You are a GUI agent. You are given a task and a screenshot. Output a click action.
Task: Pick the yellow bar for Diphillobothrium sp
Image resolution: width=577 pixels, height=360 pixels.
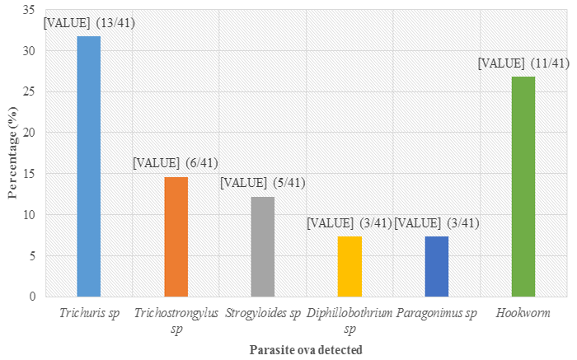tap(350, 266)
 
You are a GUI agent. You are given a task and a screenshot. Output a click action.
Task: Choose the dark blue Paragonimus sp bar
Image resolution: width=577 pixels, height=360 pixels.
tap(437, 266)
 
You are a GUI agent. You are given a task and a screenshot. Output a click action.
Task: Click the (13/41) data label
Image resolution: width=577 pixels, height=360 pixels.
tap(115, 23)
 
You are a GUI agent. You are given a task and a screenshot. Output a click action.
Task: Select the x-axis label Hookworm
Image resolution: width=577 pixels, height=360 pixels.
tap(523, 314)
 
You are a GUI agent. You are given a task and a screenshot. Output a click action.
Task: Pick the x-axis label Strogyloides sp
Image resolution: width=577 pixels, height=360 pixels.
tap(263, 314)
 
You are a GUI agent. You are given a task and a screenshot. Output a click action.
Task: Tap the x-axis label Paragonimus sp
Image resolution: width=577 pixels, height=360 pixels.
tap(437, 314)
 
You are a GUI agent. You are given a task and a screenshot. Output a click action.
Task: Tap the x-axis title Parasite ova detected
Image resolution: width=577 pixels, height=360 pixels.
tap(306, 349)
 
